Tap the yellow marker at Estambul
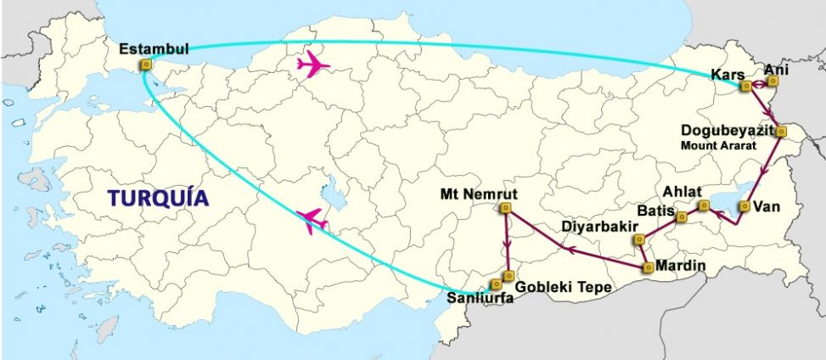click(x=146, y=64)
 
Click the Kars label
click(x=728, y=75)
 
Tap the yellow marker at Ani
click(x=773, y=82)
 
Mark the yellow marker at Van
click(x=745, y=206)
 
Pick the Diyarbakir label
click(x=596, y=227)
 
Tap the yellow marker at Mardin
click(x=649, y=267)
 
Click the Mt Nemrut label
click(x=478, y=193)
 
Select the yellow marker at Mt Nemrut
click(x=506, y=208)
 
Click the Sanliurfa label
click(x=480, y=298)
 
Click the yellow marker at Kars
click(x=745, y=86)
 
